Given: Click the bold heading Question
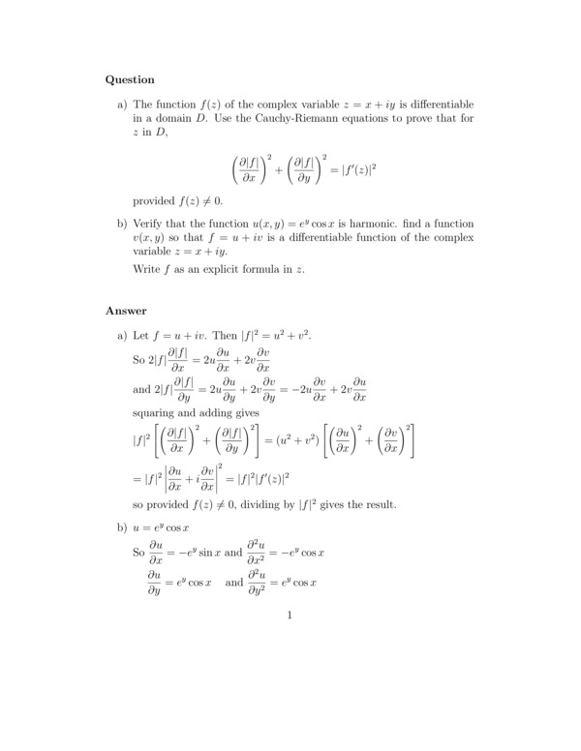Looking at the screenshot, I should tap(129, 79).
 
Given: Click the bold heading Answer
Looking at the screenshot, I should tap(125, 311).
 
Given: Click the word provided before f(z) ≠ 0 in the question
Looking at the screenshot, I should tap(157, 200).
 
